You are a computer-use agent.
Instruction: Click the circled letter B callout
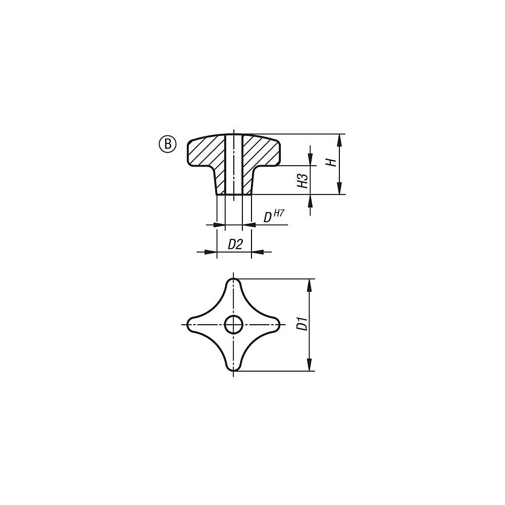[168, 144]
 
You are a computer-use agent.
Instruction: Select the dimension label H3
[302, 181]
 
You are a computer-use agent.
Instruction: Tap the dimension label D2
[235, 245]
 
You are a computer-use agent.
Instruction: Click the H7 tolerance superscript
[279, 213]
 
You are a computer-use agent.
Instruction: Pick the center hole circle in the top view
[233, 324]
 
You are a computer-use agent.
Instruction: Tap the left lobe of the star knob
[194, 324]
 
